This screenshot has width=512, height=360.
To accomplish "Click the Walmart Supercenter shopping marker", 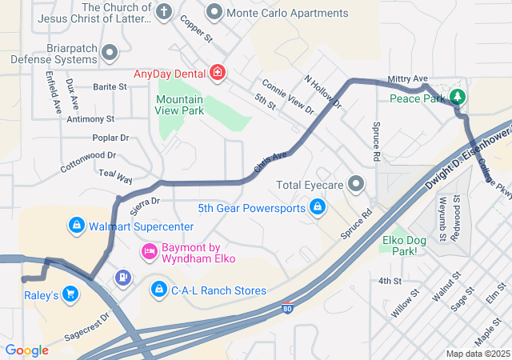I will click(76, 226).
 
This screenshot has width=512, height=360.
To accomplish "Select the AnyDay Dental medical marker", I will click(217, 74).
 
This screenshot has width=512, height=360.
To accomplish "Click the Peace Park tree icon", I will click(457, 98).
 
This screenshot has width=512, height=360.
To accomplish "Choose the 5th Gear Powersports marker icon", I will click(318, 208).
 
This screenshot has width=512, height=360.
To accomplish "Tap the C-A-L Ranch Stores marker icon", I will click(159, 289).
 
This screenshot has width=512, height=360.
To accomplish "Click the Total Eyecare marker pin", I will click(356, 184).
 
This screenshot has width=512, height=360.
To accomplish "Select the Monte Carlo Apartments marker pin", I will click(214, 12).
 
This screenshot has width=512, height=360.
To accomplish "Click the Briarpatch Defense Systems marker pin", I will click(110, 53).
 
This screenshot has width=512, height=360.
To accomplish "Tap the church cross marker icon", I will click(164, 12).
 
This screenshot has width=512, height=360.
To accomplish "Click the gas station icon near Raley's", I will click(122, 278).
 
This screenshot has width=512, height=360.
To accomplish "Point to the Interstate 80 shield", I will click(287, 307).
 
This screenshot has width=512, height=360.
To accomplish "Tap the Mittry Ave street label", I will click(407, 78).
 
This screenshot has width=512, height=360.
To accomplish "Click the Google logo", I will click(26, 350).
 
